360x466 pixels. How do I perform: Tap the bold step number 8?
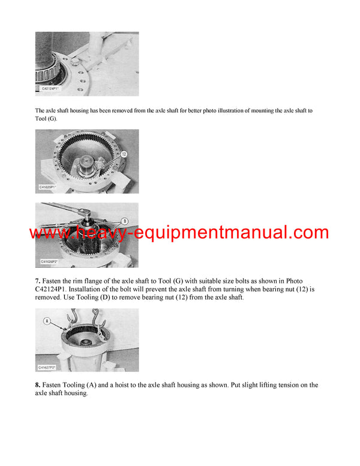click(x=38, y=385)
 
